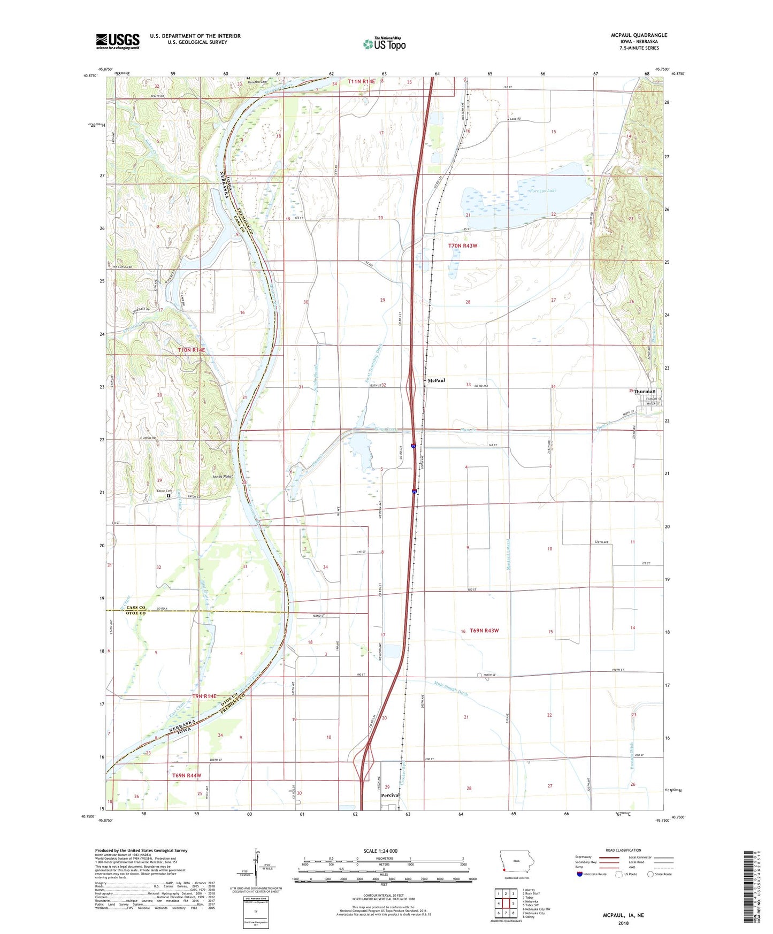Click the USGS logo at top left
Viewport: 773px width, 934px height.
(x=118, y=41)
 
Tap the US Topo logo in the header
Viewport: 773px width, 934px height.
(x=384, y=43)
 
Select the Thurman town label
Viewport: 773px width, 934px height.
(x=645, y=391)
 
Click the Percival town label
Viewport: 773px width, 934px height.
(x=390, y=795)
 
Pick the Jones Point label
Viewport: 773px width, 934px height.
(x=222, y=476)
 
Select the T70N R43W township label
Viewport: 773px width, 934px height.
(x=462, y=246)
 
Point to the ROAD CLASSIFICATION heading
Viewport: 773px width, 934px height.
(x=623, y=850)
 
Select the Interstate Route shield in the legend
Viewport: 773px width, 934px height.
(x=580, y=874)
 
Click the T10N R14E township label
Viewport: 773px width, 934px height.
(x=191, y=350)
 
